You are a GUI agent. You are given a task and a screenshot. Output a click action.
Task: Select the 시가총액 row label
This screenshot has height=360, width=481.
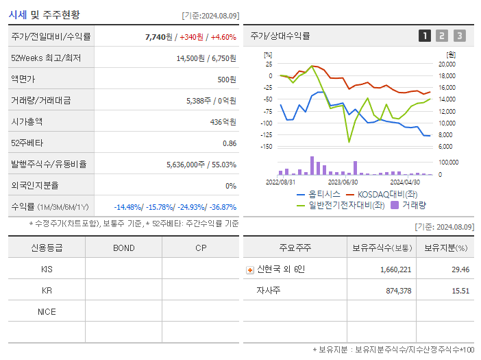[27, 122]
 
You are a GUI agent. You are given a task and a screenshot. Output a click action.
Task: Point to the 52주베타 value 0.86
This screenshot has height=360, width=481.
[230, 143]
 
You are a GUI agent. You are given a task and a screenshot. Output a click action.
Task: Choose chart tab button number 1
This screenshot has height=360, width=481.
[425, 36]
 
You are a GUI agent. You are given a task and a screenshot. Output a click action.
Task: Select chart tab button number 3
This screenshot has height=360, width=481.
[459, 36]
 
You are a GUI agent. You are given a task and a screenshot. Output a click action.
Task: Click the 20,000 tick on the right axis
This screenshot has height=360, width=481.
[447, 64]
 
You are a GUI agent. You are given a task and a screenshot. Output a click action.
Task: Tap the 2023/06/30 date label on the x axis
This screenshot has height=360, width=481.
[343, 182]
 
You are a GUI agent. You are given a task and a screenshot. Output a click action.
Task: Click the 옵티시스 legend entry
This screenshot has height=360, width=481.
[321, 194]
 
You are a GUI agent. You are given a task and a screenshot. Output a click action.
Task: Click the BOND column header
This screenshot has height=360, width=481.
[123, 248]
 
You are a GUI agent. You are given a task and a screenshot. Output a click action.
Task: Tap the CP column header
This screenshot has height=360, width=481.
[200, 248]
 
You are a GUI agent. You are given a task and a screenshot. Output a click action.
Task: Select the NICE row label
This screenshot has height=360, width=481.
[47, 312]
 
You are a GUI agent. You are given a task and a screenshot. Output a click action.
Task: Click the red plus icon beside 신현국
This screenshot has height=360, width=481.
[250, 270]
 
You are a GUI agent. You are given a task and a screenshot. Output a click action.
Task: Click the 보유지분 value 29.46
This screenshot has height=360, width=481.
[460, 270]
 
